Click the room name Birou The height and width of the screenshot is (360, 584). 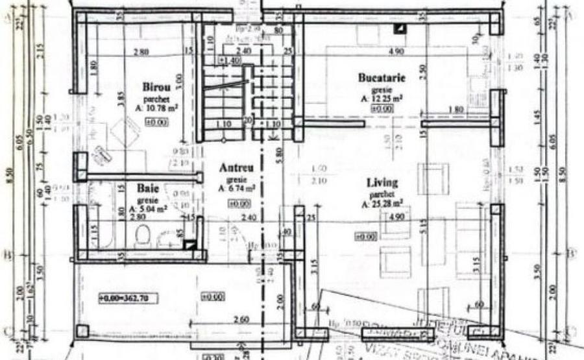click(x=156, y=86)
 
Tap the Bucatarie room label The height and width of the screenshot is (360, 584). click(x=382, y=78)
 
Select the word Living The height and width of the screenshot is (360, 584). click(x=382, y=182)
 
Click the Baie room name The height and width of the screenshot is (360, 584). click(x=148, y=189)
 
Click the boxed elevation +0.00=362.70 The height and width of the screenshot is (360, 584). click(x=128, y=298)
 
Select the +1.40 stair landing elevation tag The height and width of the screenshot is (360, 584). click(x=230, y=60)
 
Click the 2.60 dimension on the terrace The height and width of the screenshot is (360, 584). click(x=239, y=319)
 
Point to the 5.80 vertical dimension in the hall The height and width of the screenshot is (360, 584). click(x=278, y=155)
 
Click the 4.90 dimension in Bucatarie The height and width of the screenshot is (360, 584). click(x=396, y=52)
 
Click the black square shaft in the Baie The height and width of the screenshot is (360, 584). click(x=189, y=245)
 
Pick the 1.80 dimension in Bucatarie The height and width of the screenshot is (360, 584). click(x=456, y=111)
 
